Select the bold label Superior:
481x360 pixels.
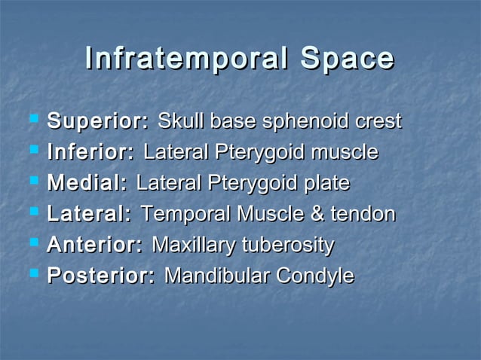(98, 121)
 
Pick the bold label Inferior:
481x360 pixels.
(91, 153)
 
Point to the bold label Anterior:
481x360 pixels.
(95, 246)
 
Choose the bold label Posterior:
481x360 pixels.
(101, 276)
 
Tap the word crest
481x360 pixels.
(378, 121)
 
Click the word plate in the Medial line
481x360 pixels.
(327, 184)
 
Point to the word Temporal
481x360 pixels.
(183, 215)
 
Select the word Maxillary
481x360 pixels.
(194, 246)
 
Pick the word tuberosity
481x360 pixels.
(288, 246)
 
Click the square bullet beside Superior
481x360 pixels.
(33, 120)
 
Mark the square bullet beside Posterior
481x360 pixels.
(33, 275)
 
